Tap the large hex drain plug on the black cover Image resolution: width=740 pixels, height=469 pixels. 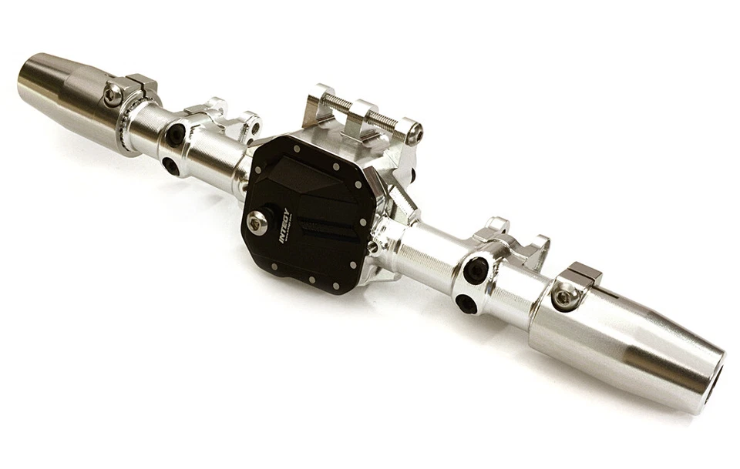[257, 223]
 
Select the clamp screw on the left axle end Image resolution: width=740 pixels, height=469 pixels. [113, 95]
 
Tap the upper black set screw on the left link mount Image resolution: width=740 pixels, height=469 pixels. [176, 135]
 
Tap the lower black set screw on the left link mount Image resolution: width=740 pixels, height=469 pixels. [170, 166]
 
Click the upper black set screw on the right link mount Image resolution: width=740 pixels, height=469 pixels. [476, 270]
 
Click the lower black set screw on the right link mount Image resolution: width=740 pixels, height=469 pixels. [466, 303]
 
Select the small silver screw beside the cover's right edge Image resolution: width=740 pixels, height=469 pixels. [373, 247]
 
